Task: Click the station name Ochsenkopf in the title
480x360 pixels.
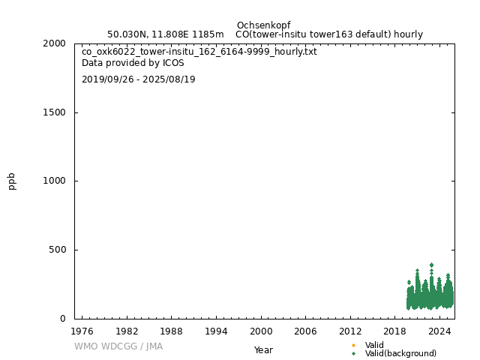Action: [263, 25]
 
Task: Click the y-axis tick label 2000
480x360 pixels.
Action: [55, 43]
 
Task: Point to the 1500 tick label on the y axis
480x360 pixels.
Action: [55, 112]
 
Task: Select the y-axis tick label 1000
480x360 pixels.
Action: [55, 181]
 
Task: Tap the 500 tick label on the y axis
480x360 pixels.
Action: [58, 250]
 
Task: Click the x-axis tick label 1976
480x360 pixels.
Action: [82, 331]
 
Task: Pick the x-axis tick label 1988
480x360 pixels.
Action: [172, 331]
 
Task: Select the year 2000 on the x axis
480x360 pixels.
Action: [261, 331]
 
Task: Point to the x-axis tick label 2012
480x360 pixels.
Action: [350, 331]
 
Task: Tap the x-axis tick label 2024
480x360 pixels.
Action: [439, 331]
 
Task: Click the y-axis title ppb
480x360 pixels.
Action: [12, 181]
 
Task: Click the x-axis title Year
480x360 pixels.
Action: [263, 349]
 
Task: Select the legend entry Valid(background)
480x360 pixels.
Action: [400, 354]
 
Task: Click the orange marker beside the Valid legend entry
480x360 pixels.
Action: [353, 345]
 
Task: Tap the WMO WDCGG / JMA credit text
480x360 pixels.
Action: [118, 346]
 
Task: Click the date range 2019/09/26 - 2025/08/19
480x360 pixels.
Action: [139, 79]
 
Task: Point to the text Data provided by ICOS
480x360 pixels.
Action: [133, 63]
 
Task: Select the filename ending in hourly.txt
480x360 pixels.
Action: [199, 52]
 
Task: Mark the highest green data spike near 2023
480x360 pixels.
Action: [431, 265]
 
